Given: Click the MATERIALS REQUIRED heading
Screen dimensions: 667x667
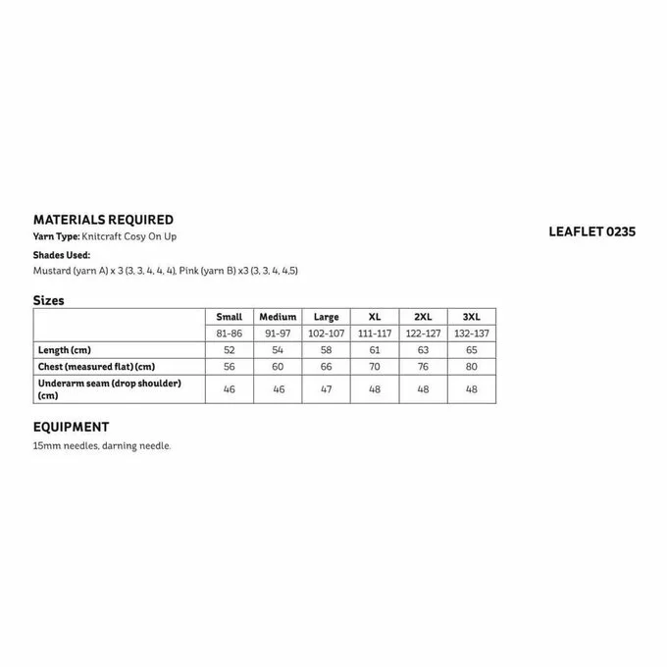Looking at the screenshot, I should pos(103,220).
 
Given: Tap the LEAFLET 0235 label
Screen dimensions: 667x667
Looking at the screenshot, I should pos(592,232).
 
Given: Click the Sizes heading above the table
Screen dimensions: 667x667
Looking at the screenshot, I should pos(49,300).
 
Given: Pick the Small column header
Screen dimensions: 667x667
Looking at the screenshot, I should pos(229,317).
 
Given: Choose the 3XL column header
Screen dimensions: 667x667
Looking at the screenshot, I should pos(471,317).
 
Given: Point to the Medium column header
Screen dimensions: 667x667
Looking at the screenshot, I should pos(278,317).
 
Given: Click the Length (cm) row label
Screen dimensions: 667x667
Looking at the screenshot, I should pos(65,349).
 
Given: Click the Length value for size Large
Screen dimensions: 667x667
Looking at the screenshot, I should pos(326,349).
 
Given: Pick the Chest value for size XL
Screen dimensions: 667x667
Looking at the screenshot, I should pos(375,366).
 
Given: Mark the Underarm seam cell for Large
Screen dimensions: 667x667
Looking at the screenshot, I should pos(326,388).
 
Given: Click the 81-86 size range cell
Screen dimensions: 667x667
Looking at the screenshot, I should pos(229,333).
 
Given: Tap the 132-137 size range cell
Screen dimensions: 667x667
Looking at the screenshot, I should pos(471,333).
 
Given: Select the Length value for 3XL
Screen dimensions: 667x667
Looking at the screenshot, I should pos(471,349).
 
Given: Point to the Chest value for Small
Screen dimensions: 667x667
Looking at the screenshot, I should pos(229,366).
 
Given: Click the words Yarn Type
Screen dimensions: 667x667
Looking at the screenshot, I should pos(55,237).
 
